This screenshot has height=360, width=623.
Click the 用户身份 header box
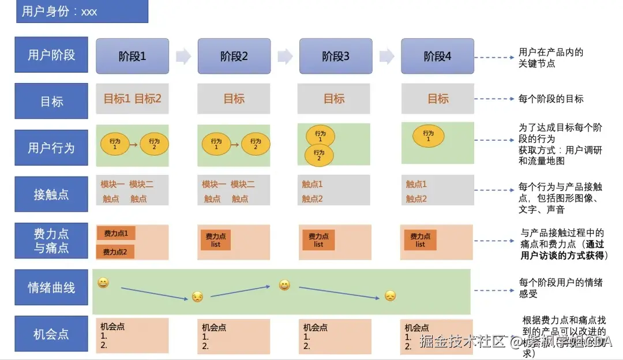pos(82,12)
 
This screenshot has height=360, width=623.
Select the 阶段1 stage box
pos(132,56)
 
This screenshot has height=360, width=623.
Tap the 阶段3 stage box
pos(336,56)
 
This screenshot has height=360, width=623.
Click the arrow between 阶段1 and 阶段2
pos(183,56)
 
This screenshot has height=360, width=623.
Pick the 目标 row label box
pos(51,102)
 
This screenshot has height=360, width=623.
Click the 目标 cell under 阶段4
pos(438,99)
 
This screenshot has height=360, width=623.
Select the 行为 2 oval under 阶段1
pos(154,144)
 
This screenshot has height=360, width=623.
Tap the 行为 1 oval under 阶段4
pos(428,136)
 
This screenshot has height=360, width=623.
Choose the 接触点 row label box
pos(51,194)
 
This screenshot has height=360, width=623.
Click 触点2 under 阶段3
pos(312,199)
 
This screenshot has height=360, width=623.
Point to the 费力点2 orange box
pos(115,252)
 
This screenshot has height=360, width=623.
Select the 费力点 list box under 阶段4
pos(420,240)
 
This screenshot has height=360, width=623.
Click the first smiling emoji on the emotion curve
pos(103,283)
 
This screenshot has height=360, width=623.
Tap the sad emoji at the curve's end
pos(391,296)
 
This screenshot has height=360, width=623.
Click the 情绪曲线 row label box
pos(51,287)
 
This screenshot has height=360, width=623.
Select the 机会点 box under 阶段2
pos(234,336)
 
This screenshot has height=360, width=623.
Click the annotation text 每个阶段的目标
pos(551,99)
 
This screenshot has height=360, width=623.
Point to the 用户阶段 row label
pos(51,55)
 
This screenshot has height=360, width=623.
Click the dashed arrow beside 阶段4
pos(494,57)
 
